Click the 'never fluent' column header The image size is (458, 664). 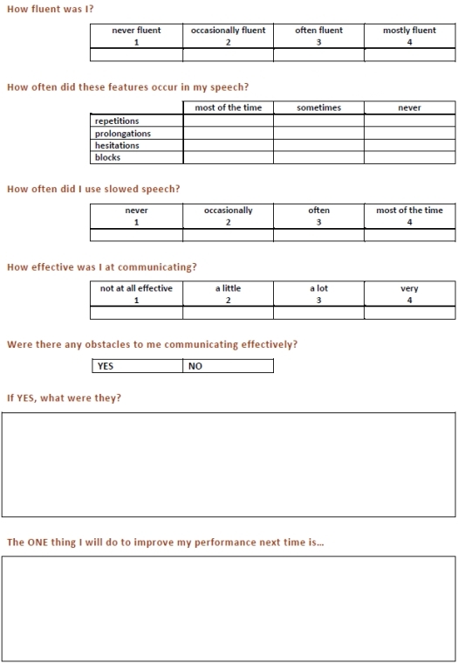coord(136,35)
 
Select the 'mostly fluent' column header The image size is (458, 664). coord(409,35)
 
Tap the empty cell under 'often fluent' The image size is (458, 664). coord(318,54)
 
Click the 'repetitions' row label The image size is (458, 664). coord(117,121)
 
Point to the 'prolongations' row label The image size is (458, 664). coord(123,134)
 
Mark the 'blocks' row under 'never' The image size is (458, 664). coord(409,158)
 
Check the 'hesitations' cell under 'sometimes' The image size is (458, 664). coord(318,146)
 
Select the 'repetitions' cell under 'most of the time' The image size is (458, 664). coord(228,121)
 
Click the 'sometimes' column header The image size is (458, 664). coord(318,108)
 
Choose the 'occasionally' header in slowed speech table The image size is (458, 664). coord(228,215)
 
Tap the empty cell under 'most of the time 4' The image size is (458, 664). coord(409,234)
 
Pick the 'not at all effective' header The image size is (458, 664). coord(136,294)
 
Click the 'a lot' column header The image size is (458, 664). coord(318,294)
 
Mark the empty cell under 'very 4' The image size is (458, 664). coord(409,313)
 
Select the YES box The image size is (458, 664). coord(137,366)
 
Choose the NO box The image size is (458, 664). coord(228,366)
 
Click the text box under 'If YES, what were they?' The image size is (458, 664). coord(229,465)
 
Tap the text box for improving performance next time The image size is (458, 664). coord(229,608)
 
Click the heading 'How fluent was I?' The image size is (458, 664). coord(51,9)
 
